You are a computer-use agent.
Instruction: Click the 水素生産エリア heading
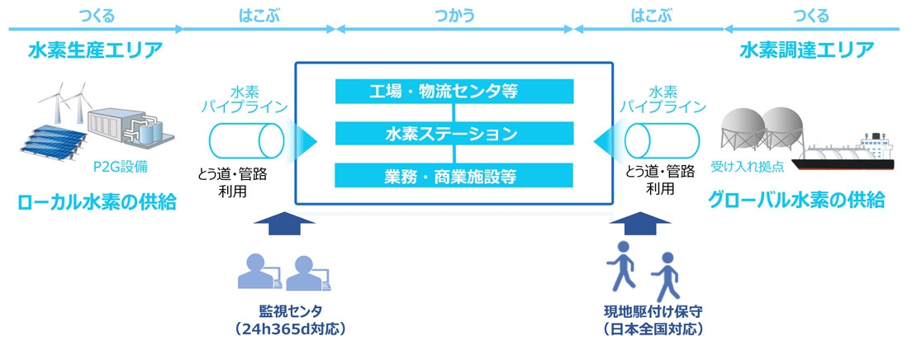pos(95,50)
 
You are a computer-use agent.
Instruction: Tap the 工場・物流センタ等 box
pos(454,91)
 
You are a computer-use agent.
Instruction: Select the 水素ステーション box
pos(454,133)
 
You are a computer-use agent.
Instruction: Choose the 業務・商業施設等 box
pos(454,175)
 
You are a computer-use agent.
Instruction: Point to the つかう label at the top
pos(454,13)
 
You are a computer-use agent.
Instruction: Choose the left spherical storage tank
pos(741,126)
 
